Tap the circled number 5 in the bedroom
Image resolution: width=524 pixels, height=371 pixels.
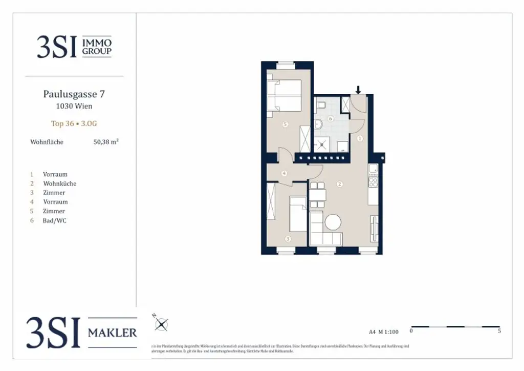tap(285, 124)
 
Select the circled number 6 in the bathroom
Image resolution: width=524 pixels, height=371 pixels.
tap(331, 118)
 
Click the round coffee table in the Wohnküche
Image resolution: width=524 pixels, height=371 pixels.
tap(333, 222)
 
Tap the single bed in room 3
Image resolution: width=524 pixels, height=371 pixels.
tap(298, 214)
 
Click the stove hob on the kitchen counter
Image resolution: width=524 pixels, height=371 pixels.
tap(373, 181)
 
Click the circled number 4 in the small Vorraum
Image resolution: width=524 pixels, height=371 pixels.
tap(284, 173)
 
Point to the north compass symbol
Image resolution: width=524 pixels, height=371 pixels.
tap(162, 324)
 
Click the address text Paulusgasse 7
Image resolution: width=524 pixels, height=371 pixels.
tap(74, 94)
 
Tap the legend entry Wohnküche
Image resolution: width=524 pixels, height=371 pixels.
tap(60, 183)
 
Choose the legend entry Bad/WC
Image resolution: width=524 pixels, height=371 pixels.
tap(55, 220)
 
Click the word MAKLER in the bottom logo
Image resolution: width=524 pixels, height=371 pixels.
tap(113, 333)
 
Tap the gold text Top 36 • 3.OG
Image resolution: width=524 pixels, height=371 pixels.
tap(74, 123)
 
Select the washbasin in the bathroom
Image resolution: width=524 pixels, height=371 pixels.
tap(318, 124)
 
